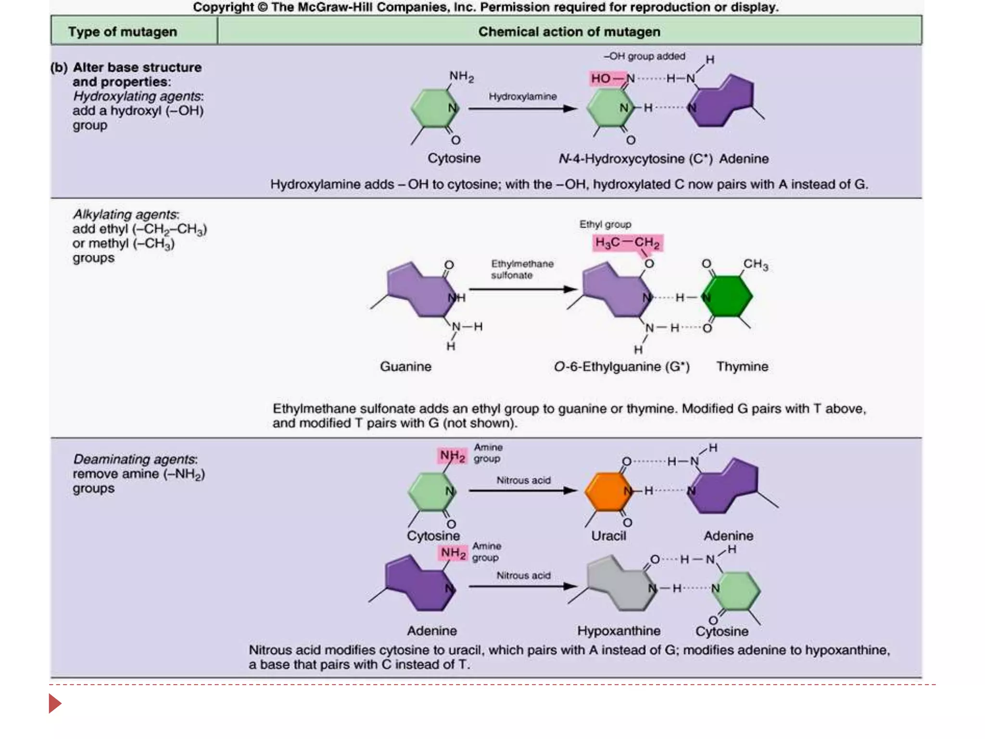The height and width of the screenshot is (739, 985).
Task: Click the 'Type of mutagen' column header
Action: tap(123, 32)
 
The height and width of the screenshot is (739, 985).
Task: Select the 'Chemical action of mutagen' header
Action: tap(569, 32)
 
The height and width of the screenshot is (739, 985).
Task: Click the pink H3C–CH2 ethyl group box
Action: tap(627, 242)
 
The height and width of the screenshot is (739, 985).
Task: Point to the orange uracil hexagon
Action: tap(607, 492)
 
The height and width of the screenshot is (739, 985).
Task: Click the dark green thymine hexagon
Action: tap(727, 296)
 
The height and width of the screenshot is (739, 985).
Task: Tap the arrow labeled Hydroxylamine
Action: tap(522, 109)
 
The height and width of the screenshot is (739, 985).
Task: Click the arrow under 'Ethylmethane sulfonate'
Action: tap(522, 289)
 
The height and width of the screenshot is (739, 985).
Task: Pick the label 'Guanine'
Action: tap(405, 367)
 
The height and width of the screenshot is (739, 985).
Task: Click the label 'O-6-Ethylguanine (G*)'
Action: tap(621, 367)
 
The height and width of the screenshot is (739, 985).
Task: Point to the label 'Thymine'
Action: tap(742, 367)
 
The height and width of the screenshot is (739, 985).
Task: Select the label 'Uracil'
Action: tap(608, 535)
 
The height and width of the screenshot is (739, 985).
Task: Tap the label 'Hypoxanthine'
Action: tap(619, 630)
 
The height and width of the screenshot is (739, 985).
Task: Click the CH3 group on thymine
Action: tap(756, 264)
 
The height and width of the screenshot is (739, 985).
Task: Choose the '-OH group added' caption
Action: tap(644, 56)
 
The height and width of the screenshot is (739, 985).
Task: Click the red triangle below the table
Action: tap(54, 703)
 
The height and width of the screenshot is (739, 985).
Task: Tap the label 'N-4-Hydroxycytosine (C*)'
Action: tap(635, 159)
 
